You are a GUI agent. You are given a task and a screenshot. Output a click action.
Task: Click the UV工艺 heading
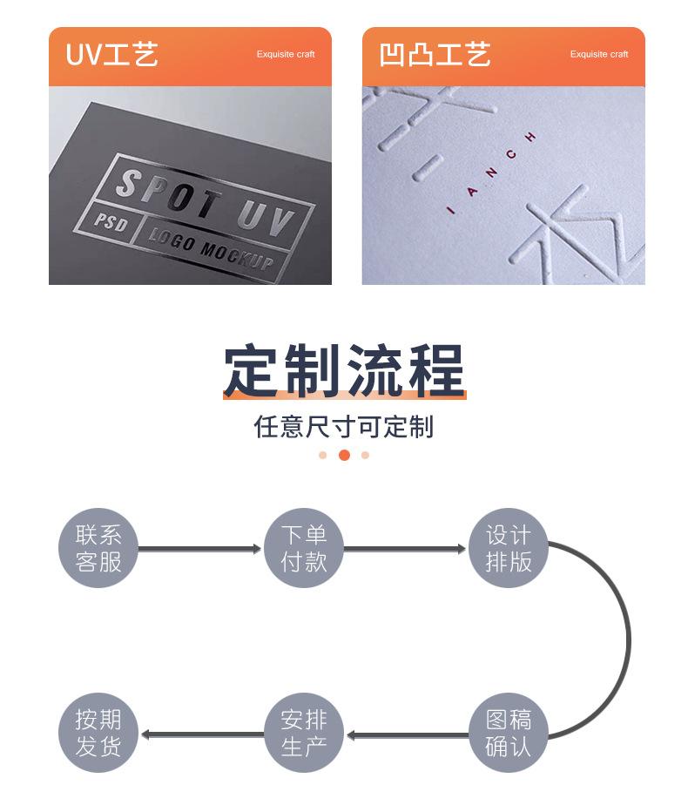(112, 55)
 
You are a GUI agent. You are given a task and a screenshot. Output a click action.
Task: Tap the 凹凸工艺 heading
(435, 55)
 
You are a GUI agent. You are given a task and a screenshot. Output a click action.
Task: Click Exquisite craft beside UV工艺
(286, 55)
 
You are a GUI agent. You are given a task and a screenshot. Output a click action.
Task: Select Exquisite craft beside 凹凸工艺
(599, 55)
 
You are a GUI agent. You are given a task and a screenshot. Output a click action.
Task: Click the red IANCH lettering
(492, 173)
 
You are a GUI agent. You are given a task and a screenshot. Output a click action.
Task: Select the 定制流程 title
(344, 372)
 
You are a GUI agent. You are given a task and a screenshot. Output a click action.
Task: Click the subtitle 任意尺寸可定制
(344, 427)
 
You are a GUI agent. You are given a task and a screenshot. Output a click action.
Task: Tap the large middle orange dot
(344, 455)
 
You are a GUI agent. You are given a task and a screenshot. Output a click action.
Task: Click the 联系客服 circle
(98, 549)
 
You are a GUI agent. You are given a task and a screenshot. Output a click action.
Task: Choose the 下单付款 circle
(304, 549)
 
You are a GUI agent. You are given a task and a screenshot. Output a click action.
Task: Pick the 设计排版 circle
(509, 549)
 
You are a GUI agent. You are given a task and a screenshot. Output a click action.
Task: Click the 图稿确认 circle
(509, 734)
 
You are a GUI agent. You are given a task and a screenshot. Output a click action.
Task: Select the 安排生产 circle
(304, 734)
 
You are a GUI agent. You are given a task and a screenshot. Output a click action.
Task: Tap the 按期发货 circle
(98, 734)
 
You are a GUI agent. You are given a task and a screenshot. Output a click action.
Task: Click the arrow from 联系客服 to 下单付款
(200, 549)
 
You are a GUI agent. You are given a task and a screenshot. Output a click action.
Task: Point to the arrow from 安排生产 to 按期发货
(202, 734)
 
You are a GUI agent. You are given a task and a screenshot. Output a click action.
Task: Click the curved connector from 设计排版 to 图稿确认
(627, 641)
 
